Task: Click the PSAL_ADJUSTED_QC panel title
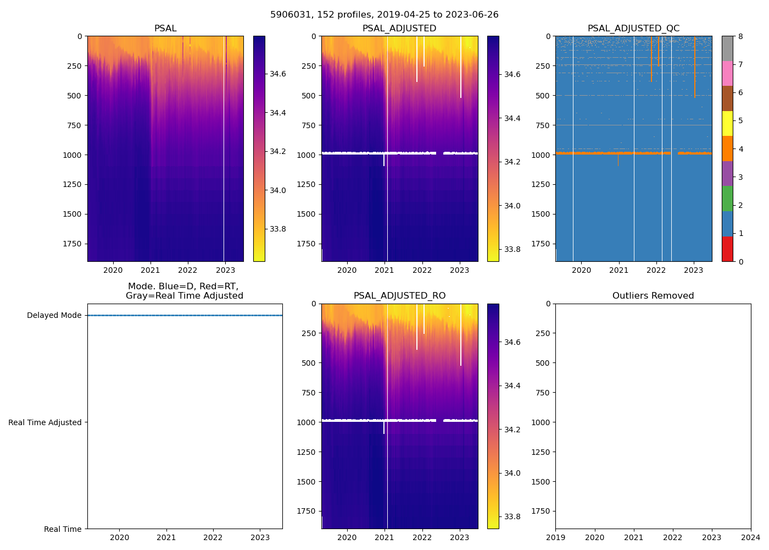coord(633,29)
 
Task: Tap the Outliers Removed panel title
coord(653,296)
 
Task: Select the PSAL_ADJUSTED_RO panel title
coord(399,296)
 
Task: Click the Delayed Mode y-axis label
coord(54,316)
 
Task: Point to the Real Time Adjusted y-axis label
coord(45,422)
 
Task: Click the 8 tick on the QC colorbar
coord(740,37)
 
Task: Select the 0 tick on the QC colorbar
coord(740,262)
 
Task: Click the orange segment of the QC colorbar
coord(727,148)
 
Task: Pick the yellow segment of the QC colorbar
coord(727,123)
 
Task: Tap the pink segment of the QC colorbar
coord(727,73)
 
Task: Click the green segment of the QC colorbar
coord(727,199)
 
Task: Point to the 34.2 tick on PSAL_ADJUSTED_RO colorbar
coord(513,430)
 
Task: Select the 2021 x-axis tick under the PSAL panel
coord(151,270)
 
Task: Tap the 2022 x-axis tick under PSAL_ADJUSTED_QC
coord(656,270)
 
